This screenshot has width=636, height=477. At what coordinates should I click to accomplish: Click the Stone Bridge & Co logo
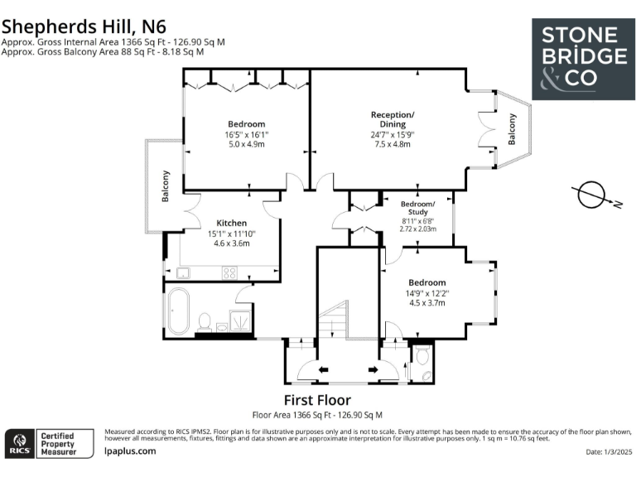(583, 60)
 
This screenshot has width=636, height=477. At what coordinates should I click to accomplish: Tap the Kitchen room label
(232, 223)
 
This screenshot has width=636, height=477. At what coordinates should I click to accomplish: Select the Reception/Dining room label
(393, 119)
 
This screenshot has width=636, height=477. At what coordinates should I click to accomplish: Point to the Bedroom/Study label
(417, 208)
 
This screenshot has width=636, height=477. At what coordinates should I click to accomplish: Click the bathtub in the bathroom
(179, 311)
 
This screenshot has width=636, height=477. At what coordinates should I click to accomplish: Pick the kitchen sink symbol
(183, 273)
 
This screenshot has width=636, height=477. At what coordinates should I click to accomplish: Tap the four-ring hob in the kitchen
(229, 273)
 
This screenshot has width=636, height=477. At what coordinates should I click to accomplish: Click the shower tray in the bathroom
(241, 320)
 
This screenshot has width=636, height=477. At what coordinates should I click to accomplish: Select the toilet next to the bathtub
(205, 322)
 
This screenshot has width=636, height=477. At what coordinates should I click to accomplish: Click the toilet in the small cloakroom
(422, 355)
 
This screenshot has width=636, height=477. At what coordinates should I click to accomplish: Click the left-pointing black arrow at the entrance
(323, 369)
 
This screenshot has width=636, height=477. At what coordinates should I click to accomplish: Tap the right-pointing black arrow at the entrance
(373, 369)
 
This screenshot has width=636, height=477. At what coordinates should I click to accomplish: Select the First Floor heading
(317, 400)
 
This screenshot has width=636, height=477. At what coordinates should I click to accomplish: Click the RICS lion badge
(20, 443)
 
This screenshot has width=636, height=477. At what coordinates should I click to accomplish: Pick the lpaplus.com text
(130, 451)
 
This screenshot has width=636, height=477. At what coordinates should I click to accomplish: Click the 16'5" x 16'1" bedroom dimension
(247, 134)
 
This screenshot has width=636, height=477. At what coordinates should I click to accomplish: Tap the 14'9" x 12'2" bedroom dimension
(427, 293)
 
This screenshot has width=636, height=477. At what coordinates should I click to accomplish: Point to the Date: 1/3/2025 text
(609, 452)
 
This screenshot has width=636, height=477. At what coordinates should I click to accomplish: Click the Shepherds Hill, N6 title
(84, 26)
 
